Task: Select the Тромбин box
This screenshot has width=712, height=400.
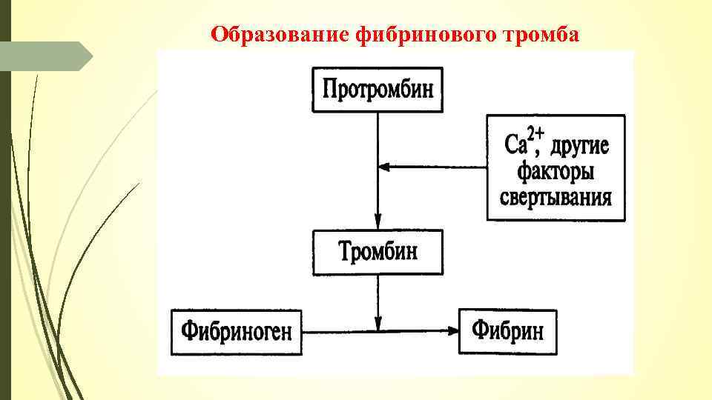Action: (x=378, y=252)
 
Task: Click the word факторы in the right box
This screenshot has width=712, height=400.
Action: (x=556, y=172)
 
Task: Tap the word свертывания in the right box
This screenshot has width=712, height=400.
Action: (x=556, y=197)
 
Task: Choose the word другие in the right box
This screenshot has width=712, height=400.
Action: (x=579, y=144)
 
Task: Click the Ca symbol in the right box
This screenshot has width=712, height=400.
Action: (x=518, y=144)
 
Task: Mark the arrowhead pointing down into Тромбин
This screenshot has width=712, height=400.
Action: (x=378, y=222)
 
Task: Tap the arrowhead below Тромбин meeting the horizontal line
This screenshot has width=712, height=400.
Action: (x=378, y=324)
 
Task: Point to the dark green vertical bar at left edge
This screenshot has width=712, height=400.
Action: (x=5, y=222)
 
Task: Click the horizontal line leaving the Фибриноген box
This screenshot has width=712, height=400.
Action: (x=334, y=331)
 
